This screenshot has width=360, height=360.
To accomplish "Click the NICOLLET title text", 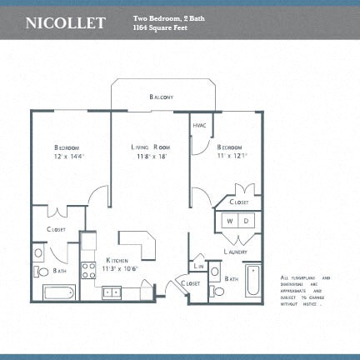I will [x=66, y=22].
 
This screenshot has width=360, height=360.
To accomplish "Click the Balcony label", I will [x=162, y=97].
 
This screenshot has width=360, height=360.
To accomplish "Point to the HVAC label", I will [x=199, y=126].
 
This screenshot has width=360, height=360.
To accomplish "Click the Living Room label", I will [x=150, y=147].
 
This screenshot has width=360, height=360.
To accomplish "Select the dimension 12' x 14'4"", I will [x=69, y=156].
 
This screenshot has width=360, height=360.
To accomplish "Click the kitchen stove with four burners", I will [x=88, y=270].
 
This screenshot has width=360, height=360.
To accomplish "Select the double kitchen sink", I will [x=111, y=292].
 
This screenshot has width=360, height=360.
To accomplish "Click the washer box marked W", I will [x=229, y=222].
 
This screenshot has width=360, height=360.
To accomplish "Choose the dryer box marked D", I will [x=246, y=222].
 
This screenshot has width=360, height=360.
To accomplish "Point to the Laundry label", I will [x=238, y=252].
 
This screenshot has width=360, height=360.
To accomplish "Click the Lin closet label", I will [x=199, y=265].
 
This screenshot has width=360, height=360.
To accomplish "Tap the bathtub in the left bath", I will [x=59, y=292].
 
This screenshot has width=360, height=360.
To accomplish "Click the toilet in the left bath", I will [x=42, y=271].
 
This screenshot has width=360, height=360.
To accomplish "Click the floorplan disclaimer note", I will [x=306, y=291].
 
